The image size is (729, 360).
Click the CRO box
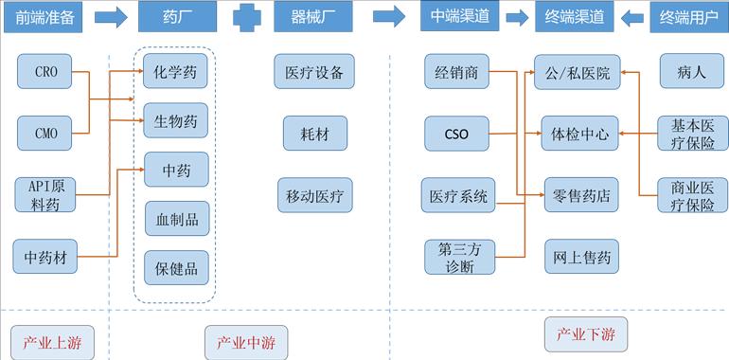(45, 72)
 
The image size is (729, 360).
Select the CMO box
(45, 134)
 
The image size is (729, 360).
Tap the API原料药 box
(45, 195)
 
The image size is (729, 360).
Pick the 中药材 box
(45, 257)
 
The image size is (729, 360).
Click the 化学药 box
(175, 72)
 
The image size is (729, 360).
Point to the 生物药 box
(175, 121)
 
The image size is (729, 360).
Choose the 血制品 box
(177, 219)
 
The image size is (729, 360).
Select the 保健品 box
(177, 268)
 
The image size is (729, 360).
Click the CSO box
(456, 134)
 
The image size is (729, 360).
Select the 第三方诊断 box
(459, 257)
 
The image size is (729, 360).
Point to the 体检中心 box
(579, 134)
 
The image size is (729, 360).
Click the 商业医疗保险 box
(693, 195)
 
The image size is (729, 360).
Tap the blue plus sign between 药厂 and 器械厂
(247, 17)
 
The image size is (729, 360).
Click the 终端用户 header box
(687, 17)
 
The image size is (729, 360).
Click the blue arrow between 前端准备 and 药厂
(110, 17)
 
